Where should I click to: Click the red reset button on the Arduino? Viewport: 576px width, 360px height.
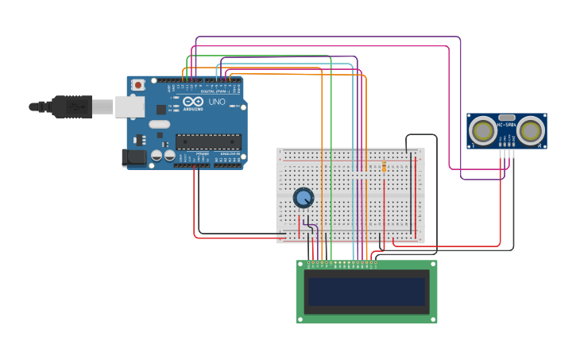[x=138, y=84]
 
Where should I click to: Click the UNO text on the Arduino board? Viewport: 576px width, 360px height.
[x=217, y=103]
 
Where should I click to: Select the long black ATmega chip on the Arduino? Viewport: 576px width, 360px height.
[x=208, y=141]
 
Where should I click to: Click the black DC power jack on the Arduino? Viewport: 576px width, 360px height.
[x=134, y=157]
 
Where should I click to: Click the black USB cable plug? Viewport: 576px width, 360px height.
[x=72, y=106]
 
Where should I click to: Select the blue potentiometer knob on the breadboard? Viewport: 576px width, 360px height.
[x=303, y=197]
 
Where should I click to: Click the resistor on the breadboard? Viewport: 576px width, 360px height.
[x=385, y=167]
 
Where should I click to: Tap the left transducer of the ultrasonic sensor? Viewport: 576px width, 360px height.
[x=482, y=130]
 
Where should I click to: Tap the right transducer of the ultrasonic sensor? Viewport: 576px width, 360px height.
[x=531, y=130]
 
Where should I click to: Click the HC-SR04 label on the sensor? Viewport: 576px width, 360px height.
[x=507, y=125]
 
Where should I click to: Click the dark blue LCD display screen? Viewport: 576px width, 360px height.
[x=366, y=292]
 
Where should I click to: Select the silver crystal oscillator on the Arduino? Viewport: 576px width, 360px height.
[x=160, y=124]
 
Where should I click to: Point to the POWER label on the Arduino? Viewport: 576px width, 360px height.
[x=202, y=153]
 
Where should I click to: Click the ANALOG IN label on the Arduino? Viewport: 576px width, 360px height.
[x=229, y=153]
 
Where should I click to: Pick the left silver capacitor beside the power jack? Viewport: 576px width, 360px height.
[x=157, y=156]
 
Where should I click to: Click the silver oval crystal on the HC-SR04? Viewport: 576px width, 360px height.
[x=507, y=117]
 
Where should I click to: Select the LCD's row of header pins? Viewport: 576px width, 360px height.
[x=342, y=263]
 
